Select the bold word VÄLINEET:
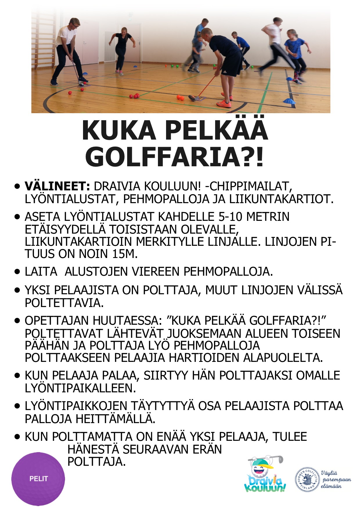point(57,186)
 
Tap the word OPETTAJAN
point(57,321)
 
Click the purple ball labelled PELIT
point(38,479)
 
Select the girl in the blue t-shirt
point(294,55)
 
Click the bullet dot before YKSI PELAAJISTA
point(18,290)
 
